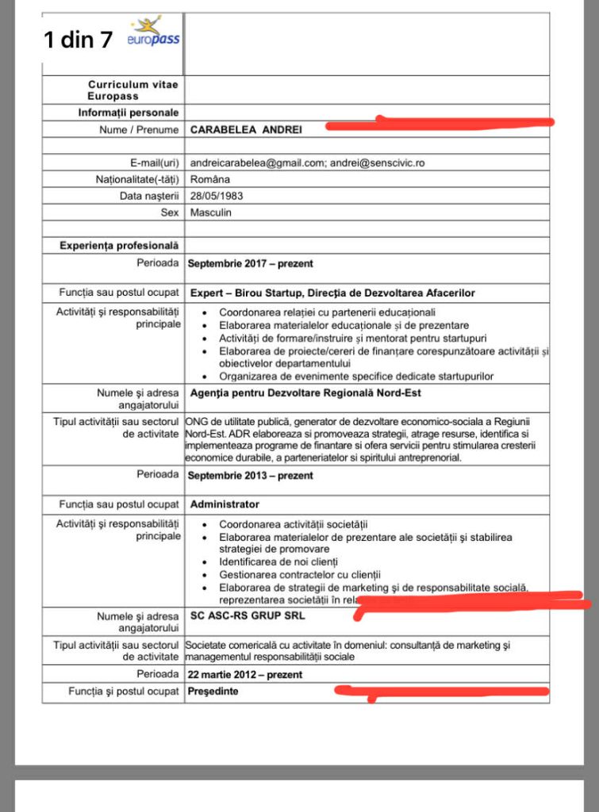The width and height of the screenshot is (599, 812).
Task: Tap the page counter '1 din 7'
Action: [x=79, y=40]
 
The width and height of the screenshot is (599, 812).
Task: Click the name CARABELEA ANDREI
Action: [x=246, y=128]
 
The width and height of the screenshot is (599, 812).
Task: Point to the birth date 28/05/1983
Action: [x=216, y=196]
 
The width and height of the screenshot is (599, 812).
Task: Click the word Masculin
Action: [x=211, y=213]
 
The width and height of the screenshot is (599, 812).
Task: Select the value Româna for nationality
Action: [x=210, y=179]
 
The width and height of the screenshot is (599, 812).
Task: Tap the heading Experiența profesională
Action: [x=119, y=246]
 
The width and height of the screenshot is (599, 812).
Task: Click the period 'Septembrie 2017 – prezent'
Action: [x=250, y=264]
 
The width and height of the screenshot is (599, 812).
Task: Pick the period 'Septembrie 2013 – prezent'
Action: [x=250, y=476]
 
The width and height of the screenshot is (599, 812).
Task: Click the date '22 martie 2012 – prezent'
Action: [x=245, y=675]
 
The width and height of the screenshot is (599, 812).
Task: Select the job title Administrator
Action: [x=225, y=504]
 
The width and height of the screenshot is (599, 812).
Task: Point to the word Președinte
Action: [x=213, y=691]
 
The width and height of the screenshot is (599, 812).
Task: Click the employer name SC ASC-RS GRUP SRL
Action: [x=247, y=615]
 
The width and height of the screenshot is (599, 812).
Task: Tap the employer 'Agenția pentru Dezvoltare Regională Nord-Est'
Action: [x=305, y=393]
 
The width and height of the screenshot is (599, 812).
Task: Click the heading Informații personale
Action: [x=128, y=113]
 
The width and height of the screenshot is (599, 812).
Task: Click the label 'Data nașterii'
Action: [x=150, y=196]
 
